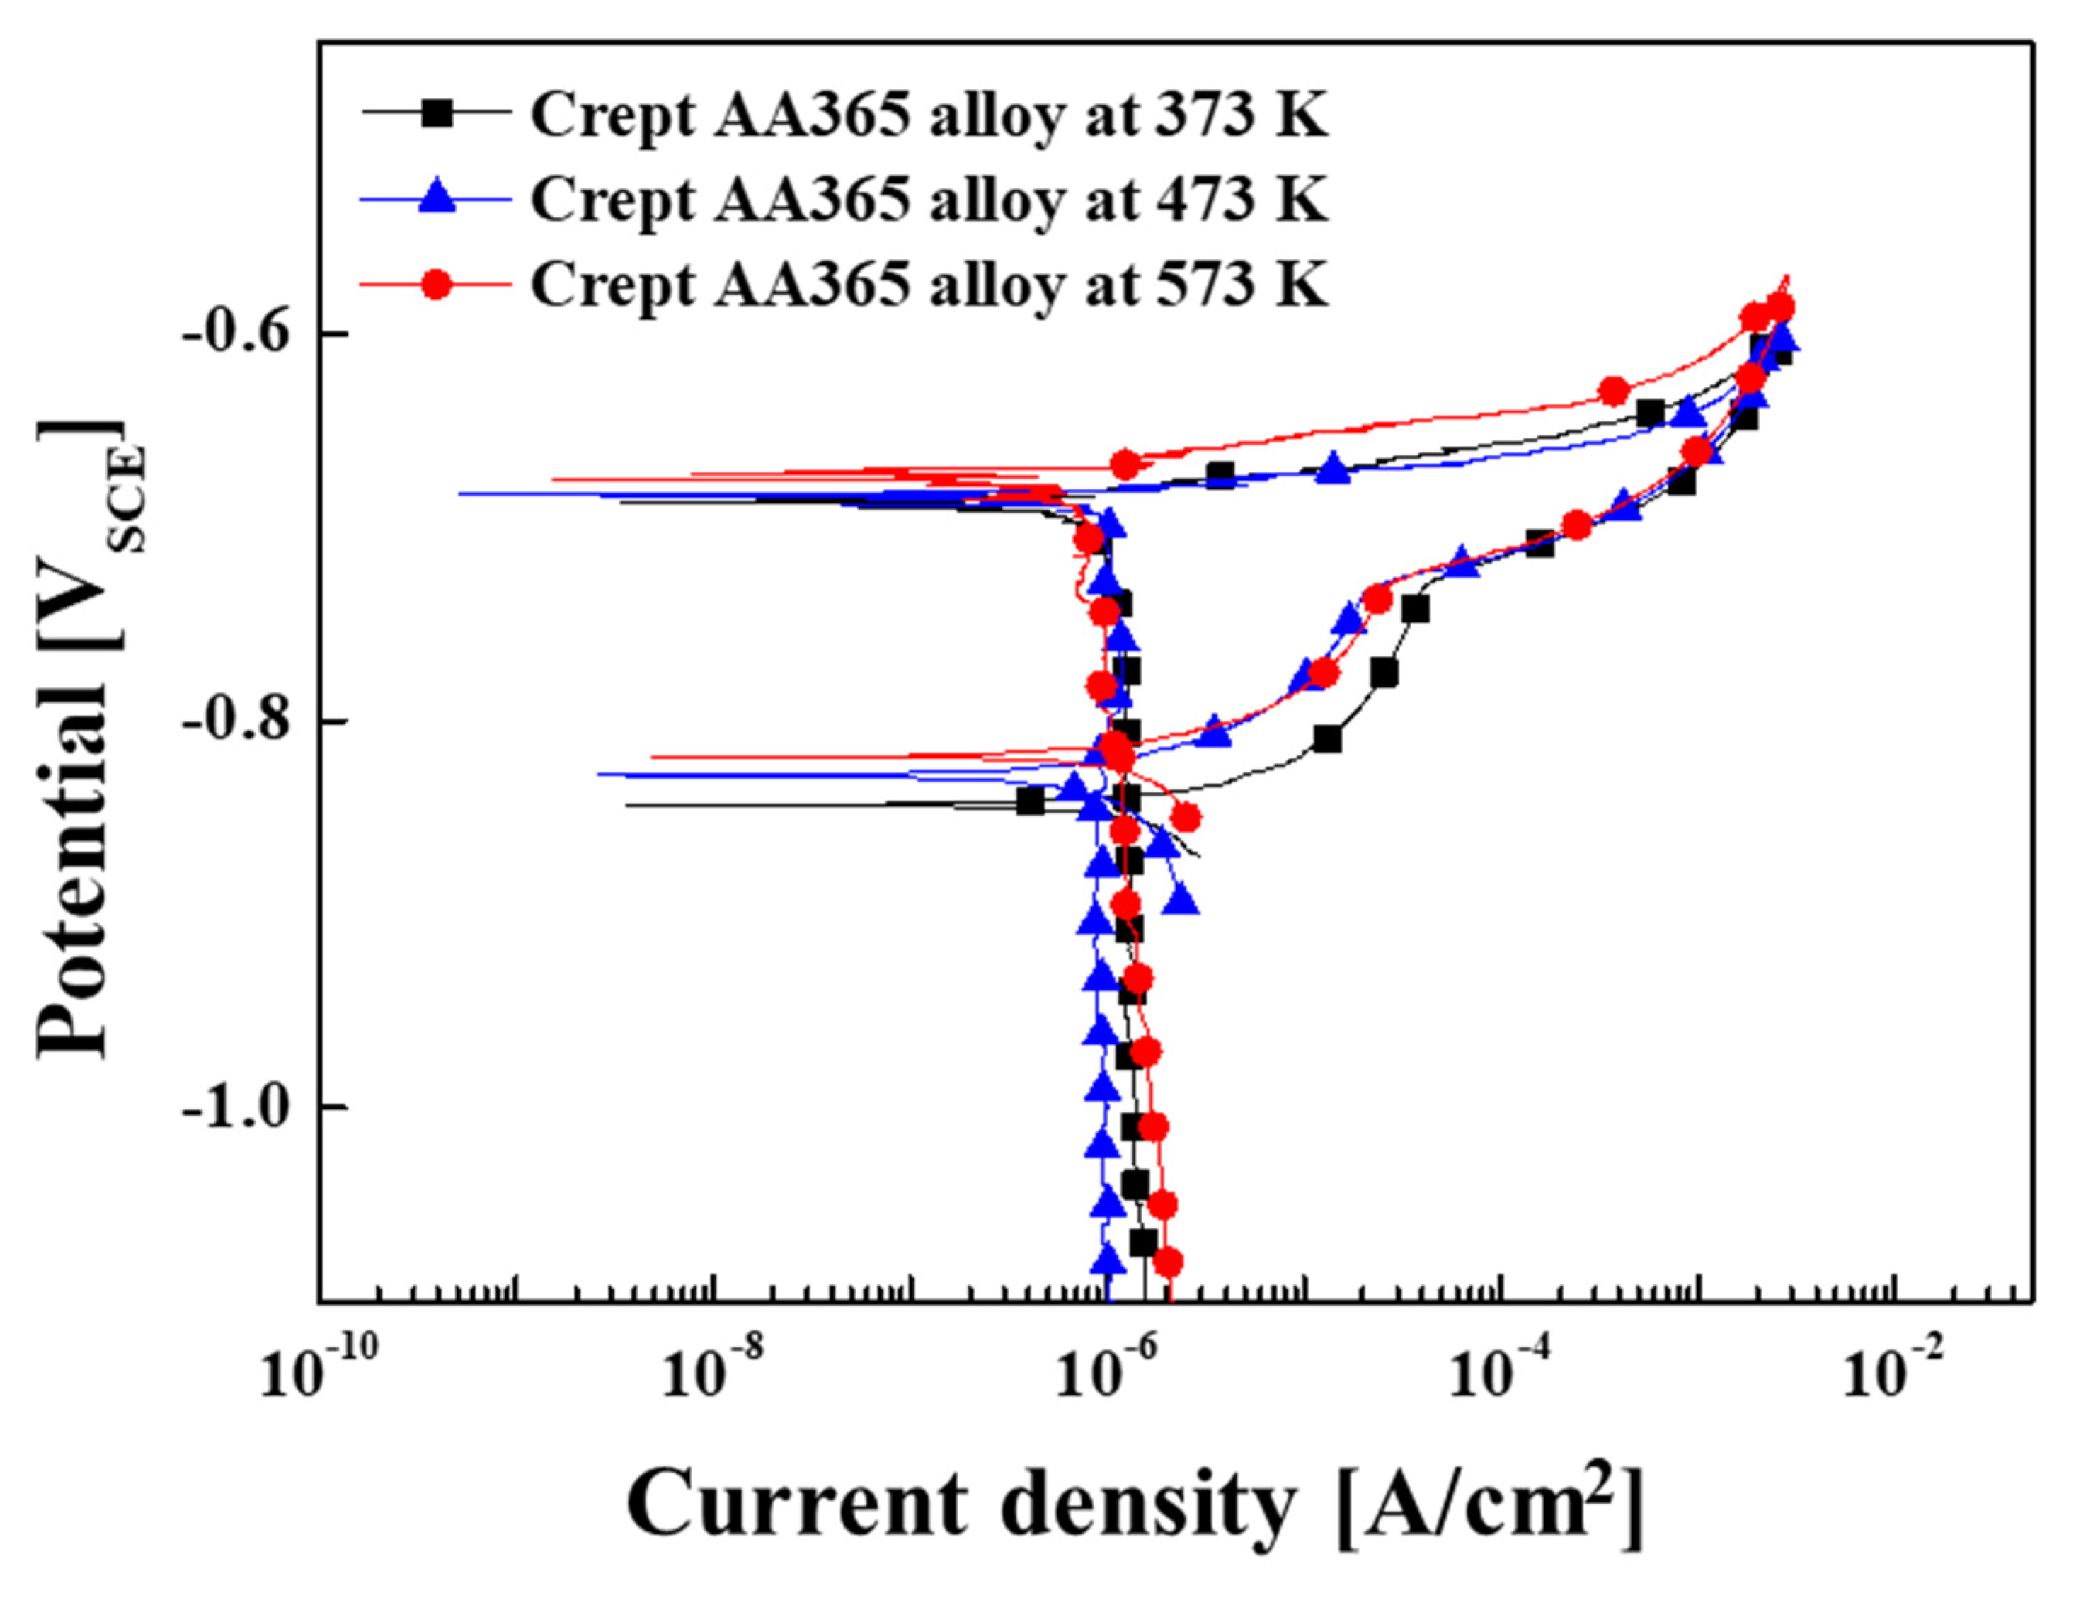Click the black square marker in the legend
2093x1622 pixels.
point(437,114)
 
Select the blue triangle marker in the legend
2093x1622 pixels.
point(437,198)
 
